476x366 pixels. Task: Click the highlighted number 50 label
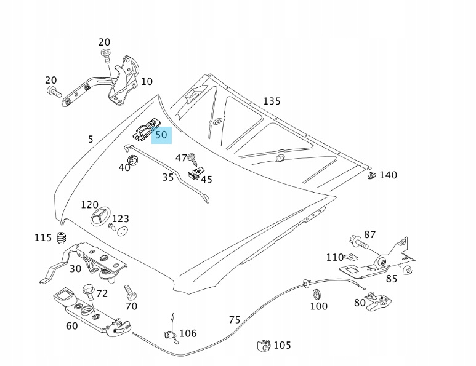(x=161, y=134)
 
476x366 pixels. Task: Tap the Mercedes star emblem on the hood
(x=100, y=220)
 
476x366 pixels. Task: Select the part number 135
(x=272, y=101)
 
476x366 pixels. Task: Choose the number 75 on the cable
(x=234, y=320)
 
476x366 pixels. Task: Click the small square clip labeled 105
(x=264, y=346)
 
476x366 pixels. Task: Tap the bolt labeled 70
(x=129, y=291)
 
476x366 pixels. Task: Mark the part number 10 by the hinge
(x=147, y=82)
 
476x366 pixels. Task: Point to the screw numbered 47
(x=192, y=157)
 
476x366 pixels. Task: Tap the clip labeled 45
(x=195, y=175)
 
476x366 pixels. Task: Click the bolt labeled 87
(x=356, y=241)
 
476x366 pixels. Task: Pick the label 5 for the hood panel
(x=91, y=140)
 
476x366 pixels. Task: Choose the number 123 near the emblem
(x=121, y=218)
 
